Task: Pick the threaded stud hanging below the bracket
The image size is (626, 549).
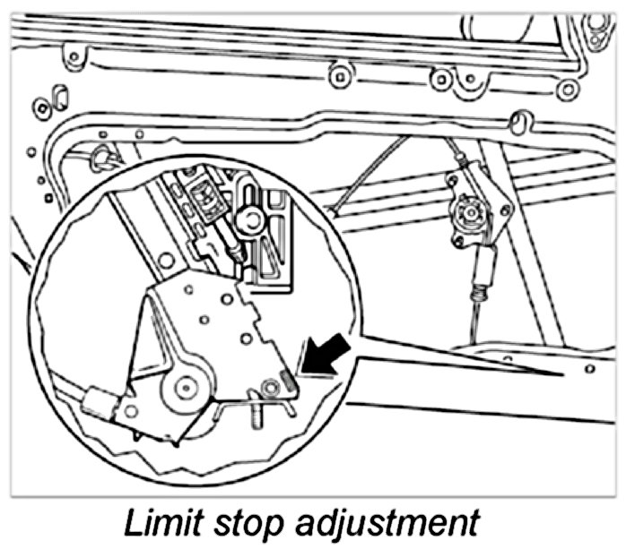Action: tap(258, 416)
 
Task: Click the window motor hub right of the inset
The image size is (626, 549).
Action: tap(466, 212)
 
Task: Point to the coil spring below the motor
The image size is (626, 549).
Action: tap(480, 290)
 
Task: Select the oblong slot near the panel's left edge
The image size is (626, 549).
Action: tap(60, 97)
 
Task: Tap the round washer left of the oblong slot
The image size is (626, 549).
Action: tap(40, 108)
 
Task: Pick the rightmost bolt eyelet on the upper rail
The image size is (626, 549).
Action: tap(567, 89)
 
